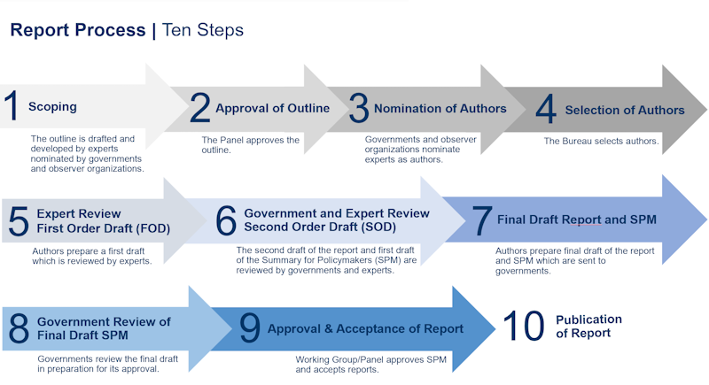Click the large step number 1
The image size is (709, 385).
click(x=12, y=106)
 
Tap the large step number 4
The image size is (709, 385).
click(x=546, y=110)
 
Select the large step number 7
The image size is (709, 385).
click(x=481, y=220)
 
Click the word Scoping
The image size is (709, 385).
click(x=52, y=107)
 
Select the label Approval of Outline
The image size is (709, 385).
click(x=272, y=109)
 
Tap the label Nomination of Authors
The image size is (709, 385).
click(x=440, y=109)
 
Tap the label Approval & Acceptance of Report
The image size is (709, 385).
click(x=365, y=329)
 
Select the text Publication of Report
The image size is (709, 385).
click(x=588, y=326)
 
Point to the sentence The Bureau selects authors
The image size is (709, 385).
click(x=601, y=141)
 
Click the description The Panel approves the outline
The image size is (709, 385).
click(x=250, y=145)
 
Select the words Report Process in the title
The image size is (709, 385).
click(x=78, y=30)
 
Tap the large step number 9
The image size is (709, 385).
click(x=250, y=328)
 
